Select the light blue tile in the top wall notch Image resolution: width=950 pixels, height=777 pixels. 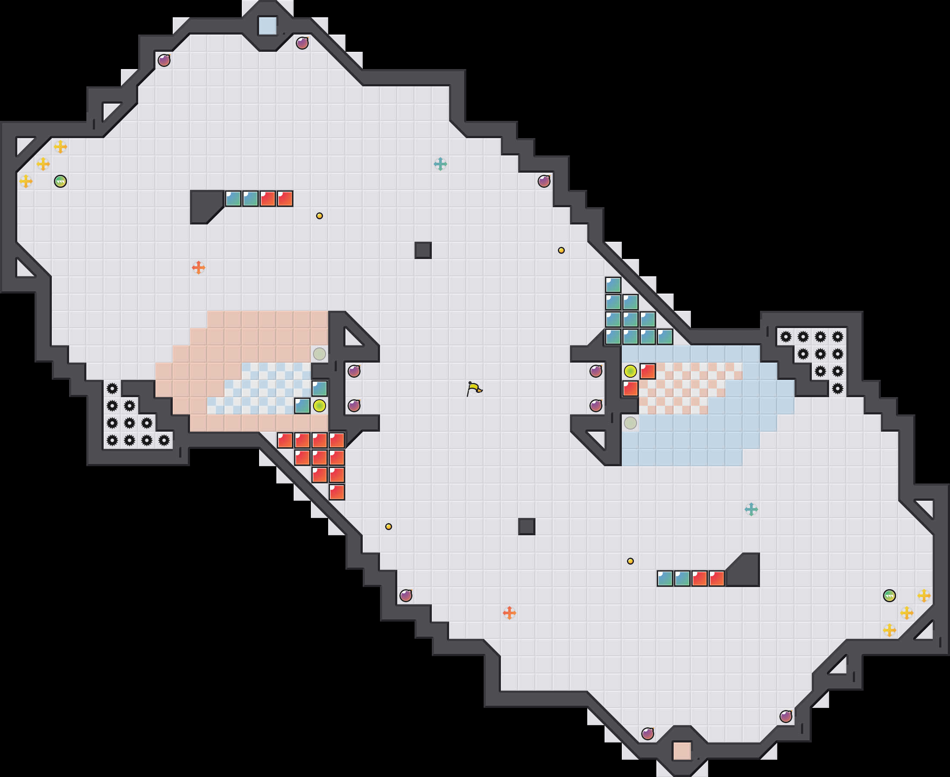pyautogui.click(x=268, y=25)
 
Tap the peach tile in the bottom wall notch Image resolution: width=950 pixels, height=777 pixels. pyautogui.click(x=682, y=751)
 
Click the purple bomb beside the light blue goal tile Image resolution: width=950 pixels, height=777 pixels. pyautogui.click(x=302, y=43)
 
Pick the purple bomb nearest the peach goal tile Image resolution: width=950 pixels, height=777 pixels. pyautogui.click(x=647, y=733)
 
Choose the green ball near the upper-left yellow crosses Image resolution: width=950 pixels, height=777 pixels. pyautogui.click(x=60, y=181)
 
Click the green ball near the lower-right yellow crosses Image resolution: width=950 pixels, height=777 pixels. pyautogui.click(x=889, y=596)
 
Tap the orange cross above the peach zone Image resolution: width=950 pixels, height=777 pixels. pyautogui.click(x=198, y=268)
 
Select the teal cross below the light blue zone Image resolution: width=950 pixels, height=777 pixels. pyautogui.click(x=751, y=509)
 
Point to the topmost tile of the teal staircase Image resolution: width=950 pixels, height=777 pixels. pyautogui.click(x=613, y=284)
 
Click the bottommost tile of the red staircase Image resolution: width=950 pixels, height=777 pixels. pyautogui.click(x=337, y=493)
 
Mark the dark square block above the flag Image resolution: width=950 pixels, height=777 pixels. pyautogui.click(x=423, y=250)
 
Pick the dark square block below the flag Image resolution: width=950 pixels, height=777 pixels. pyautogui.click(x=526, y=526)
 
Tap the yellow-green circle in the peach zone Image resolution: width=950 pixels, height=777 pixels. pyautogui.click(x=319, y=405)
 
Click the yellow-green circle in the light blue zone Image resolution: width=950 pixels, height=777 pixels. pyautogui.click(x=630, y=371)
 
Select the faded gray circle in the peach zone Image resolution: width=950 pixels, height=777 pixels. pyautogui.click(x=319, y=354)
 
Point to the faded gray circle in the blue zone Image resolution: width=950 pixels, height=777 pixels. pyautogui.click(x=630, y=423)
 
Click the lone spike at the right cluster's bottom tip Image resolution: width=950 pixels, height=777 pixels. pyautogui.click(x=838, y=388)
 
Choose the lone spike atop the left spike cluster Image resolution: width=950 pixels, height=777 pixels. pyautogui.click(x=112, y=388)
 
